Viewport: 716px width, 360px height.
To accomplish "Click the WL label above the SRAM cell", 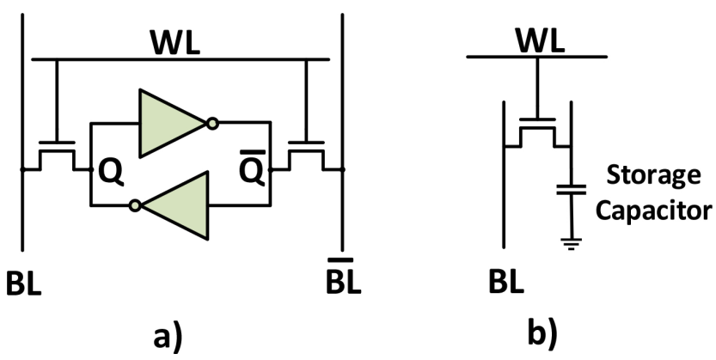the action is pos(175,43).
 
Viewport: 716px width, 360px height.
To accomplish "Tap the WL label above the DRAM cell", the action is pos(541,41).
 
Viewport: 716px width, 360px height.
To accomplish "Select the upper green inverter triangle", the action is pos(172,123).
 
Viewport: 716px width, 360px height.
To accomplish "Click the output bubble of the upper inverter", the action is pos(211,123).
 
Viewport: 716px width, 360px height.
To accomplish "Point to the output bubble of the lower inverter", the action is pos(135,205).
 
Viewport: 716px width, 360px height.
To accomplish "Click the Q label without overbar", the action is pos(112,174).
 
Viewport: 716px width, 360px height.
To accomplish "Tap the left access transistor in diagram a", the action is pos(57,156).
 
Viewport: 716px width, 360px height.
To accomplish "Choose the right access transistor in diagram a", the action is pos(306,156).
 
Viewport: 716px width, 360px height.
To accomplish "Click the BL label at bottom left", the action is pos(24,284).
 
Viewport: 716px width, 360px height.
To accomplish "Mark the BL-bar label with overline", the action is pos(344,277).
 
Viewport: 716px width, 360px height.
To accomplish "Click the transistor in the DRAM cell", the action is pos(537,132).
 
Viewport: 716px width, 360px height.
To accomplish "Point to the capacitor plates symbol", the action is pos(571,189).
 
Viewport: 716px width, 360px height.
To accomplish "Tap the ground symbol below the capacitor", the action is pos(571,244).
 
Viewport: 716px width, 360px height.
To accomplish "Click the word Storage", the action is pos(653,176).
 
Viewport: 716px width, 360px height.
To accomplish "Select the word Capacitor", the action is pos(654,211).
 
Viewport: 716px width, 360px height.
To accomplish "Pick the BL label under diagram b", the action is pos(506,284).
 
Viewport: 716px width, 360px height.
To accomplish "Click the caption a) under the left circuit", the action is pos(168,339).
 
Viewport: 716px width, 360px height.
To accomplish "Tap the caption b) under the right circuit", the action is pos(542,335).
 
